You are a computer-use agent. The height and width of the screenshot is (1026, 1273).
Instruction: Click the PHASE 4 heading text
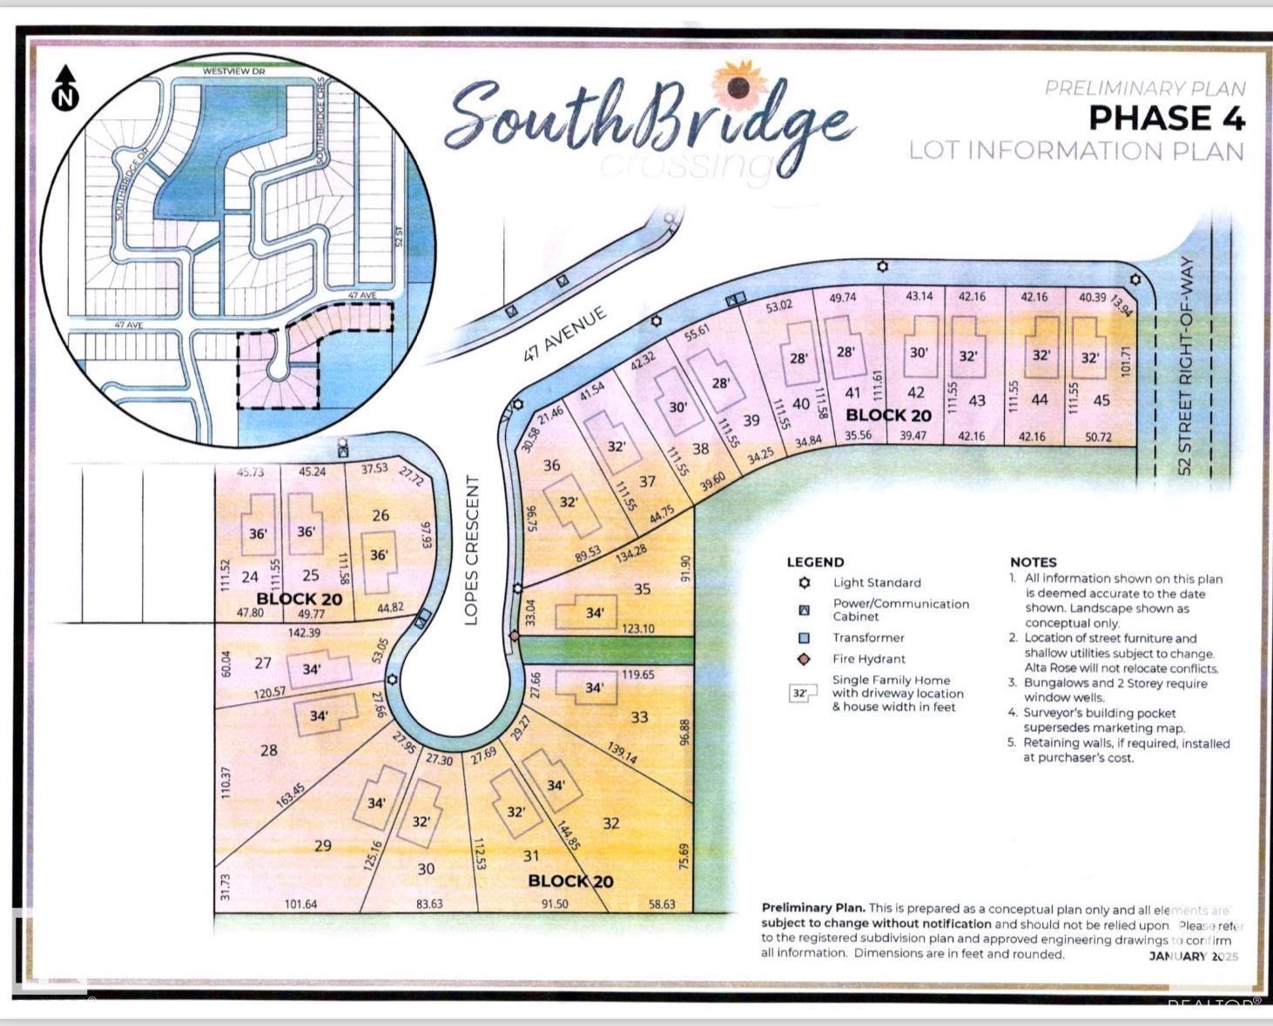point(1167,118)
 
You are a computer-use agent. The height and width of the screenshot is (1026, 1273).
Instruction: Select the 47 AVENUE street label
point(564,335)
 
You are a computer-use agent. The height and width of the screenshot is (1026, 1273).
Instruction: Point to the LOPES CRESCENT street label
point(472,550)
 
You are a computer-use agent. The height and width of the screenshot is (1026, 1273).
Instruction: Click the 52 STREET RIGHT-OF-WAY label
point(1184,365)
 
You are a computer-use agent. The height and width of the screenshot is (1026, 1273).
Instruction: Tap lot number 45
point(1101,400)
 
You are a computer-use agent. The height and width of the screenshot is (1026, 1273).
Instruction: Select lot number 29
point(322,845)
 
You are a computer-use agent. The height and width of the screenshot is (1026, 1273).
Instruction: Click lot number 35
point(642,589)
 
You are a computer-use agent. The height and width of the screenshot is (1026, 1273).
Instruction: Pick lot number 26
point(381,515)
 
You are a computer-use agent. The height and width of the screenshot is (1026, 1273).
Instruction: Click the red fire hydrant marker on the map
point(515,636)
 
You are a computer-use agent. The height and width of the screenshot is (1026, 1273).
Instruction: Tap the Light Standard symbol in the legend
point(805,583)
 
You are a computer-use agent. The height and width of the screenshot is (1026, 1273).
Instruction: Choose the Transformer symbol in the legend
point(805,638)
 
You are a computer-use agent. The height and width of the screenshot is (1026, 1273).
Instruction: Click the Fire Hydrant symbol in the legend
point(805,660)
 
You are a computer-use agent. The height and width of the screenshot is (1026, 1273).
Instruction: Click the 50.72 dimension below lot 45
point(1098,437)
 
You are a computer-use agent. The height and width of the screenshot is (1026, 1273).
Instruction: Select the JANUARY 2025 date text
point(1193,956)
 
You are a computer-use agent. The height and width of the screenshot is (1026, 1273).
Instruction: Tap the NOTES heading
point(1033,562)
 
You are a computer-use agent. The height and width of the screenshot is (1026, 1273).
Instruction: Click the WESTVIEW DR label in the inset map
point(232,70)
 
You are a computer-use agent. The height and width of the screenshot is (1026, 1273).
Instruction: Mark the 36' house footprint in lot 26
point(380,554)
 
